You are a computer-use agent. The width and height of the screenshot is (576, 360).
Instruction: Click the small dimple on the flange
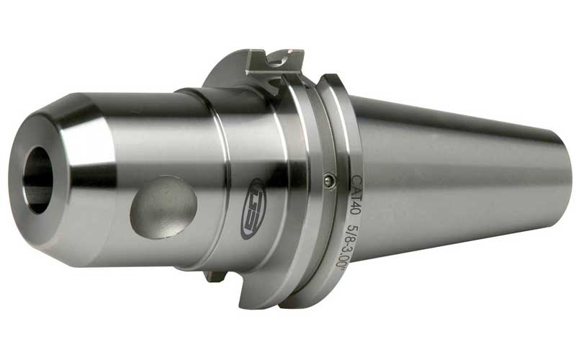coord(329,181)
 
